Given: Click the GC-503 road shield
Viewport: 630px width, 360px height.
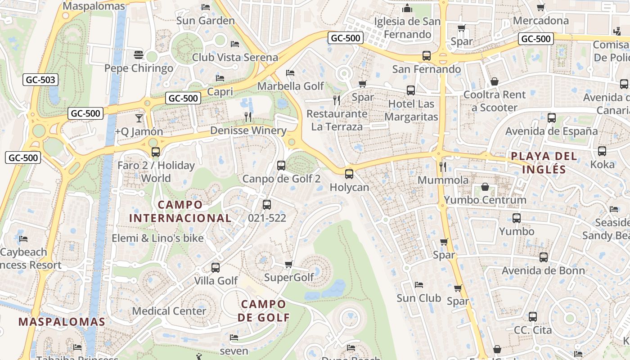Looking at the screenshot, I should (x=40, y=80).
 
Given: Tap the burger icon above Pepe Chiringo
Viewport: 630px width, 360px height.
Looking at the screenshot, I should (x=139, y=55).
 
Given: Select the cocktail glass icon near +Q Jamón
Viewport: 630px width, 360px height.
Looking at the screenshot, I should (x=139, y=118).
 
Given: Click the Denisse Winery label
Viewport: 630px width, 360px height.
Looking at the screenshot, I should (x=248, y=130).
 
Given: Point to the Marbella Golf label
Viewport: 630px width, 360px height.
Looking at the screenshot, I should (x=291, y=85).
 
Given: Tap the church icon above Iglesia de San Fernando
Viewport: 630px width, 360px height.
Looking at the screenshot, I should (x=408, y=9).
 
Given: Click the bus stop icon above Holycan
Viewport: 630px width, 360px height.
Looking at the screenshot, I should (x=349, y=174).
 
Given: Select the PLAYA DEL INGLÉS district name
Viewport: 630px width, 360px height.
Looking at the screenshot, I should (x=544, y=162).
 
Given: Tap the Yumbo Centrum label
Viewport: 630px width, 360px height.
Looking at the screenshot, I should (x=485, y=200).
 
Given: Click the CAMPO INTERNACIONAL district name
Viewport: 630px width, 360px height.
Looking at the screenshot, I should (x=180, y=211).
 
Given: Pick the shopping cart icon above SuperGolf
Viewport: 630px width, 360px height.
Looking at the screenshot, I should (x=289, y=264).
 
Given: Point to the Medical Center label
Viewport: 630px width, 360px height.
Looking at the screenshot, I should (x=169, y=311).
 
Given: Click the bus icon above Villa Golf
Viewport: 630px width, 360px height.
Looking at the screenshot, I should (x=216, y=268).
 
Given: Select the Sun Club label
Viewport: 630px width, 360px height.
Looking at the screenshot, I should (x=419, y=298).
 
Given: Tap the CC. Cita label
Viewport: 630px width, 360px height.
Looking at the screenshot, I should (x=533, y=330).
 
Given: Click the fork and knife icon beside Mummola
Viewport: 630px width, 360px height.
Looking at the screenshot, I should (x=443, y=167).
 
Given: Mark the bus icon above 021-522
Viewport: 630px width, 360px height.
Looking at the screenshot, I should (x=267, y=205).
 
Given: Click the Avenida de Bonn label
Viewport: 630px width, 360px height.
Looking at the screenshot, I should (x=543, y=270).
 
